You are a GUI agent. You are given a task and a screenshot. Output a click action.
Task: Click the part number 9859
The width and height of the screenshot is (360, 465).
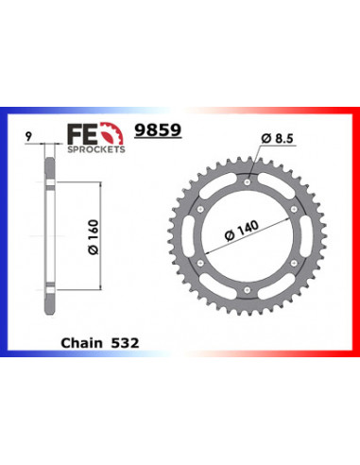click(158, 129)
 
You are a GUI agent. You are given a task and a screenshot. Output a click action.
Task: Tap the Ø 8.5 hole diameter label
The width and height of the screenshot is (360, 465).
click(277, 138)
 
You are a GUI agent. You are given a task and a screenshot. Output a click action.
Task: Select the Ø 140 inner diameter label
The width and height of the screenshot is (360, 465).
click(242, 231)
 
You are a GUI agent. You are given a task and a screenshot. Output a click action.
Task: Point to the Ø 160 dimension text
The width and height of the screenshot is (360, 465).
click(94, 237)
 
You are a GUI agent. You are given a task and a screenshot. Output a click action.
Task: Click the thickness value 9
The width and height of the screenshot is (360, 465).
click(28, 137)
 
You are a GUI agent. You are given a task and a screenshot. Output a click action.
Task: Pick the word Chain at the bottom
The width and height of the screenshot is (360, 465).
click(81, 343)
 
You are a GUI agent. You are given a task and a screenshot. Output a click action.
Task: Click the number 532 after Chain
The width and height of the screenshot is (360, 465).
click(125, 343)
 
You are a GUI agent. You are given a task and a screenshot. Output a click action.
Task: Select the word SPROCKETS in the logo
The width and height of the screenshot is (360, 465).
click(96, 149)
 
